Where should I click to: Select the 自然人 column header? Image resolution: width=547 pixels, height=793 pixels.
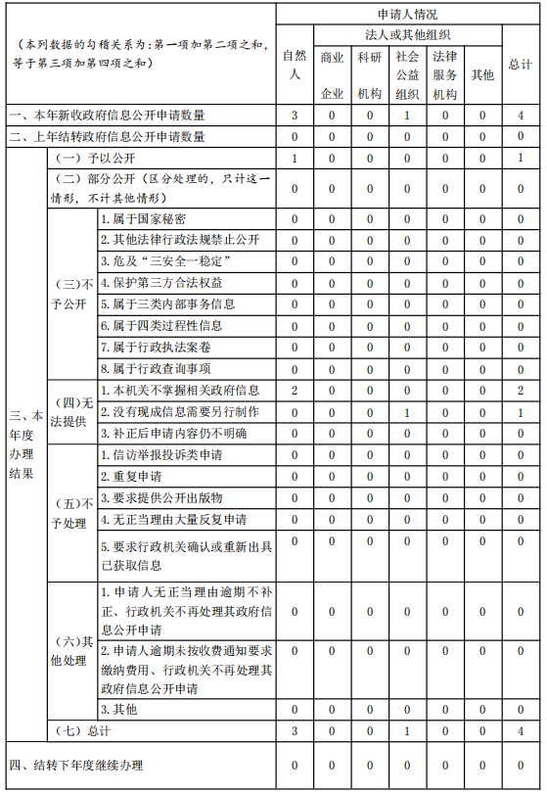pyautogui.click(x=294, y=65)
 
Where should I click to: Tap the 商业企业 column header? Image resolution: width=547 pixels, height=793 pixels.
pyautogui.click(x=332, y=75)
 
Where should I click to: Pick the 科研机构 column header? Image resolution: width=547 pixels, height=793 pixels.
pyautogui.click(x=369, y=75)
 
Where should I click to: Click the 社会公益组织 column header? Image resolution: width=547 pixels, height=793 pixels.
pyautogui.click(x=407, y=75)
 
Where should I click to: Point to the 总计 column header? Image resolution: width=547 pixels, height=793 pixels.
pyautogui.click(x=521, y=65)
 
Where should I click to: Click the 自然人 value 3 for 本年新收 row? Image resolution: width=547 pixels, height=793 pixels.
pyautogui.click(x=294, y=117)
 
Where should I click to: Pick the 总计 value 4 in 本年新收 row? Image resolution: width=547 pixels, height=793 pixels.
pyautogui.click(x=521, y=117)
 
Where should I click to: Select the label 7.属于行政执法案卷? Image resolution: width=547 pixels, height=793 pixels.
pyautogui.click(x=156, y=348)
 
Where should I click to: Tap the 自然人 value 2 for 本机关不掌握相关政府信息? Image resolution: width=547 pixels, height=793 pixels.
pyautogui.click(x=294, y=391)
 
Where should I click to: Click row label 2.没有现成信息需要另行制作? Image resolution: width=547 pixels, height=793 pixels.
pyautogui.click(x=179, y=412)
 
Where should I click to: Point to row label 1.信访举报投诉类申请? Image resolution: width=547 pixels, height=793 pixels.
pyautogui.click(x=161, y=455)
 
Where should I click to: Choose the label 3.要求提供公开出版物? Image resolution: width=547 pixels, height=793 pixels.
pyautogui.click(x=161, y=498)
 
